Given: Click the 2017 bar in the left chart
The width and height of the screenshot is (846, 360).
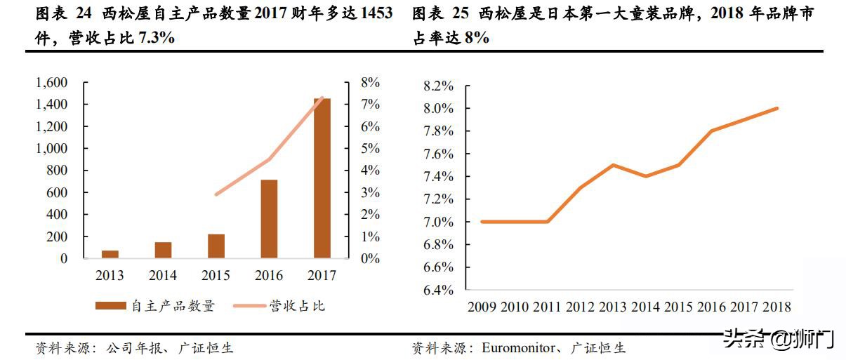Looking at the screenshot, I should (322, 179).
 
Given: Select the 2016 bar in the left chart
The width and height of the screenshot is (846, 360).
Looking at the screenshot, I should (269, 219).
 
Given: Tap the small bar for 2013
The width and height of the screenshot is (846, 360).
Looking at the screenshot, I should (110, 254).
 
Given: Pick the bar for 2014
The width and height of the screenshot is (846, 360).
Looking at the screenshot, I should (163, 251).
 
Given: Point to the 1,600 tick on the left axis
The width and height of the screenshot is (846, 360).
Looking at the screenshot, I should (51, 83).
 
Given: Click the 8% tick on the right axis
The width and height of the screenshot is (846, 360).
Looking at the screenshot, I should (370, 83).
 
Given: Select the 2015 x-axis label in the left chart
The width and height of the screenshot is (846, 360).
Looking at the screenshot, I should (216, 276).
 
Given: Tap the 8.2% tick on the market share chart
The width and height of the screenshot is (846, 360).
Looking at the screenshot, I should (438, 86).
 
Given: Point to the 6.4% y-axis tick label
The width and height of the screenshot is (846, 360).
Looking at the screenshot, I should (438, 290).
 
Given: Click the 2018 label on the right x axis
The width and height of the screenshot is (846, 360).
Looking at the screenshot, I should (776, 307).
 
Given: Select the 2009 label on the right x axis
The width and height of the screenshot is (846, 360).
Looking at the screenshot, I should (482, 307).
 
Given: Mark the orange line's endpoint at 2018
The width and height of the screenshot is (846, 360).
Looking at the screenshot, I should (777, 108).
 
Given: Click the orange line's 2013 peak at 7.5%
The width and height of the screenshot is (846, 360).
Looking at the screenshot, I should (613, 165).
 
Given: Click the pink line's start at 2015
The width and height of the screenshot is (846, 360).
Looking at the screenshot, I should (216, 194).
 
